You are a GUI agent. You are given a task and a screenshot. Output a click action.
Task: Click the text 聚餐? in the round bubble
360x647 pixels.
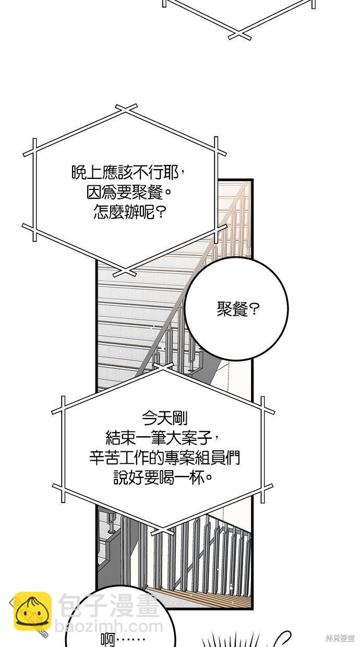click(x=237, y=309)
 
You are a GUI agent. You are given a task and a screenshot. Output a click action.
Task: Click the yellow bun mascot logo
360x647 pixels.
click(x=32, y=611)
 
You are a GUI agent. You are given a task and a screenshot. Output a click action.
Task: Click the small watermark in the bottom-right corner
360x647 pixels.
click(x=339, y=638)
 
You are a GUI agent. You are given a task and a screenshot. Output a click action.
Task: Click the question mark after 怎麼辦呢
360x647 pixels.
click(x=162, y=213)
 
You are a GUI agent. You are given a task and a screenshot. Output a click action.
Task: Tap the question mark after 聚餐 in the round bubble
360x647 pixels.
click(x=255, y=309)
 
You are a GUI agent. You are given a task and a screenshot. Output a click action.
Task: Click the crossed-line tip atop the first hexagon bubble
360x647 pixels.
click(x=127, y=109)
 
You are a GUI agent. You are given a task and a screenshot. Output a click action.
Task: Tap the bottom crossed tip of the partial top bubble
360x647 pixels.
click(x=239, y=35)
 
